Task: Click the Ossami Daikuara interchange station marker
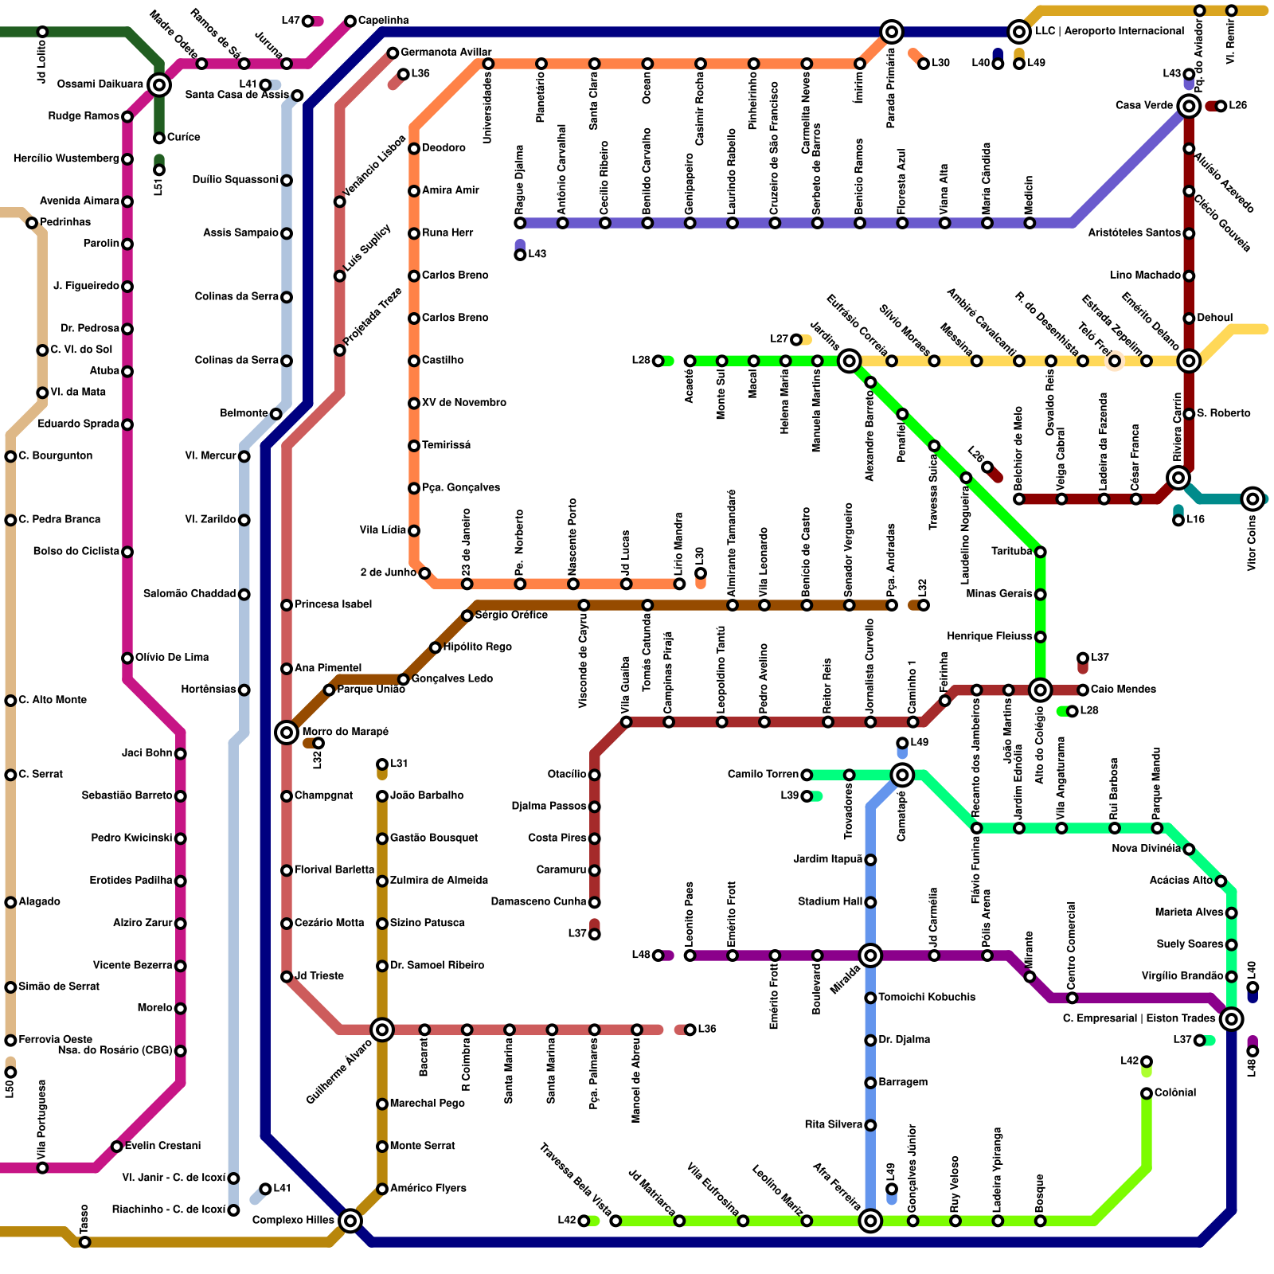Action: pyautogui.click(x=159, y=84)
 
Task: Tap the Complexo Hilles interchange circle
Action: pyautogui.click(x=350, y=1220)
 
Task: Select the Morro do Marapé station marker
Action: pyautogui.click(x=287, y=732)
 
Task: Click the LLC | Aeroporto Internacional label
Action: pyautogui.click(x=1109, y=31)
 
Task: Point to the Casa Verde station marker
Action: pyautogui.click(x=1189, y=106)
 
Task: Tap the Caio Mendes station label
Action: pyautogui.click(x=1123, y=690)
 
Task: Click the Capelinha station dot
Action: pyautogui.click(x=350, y=21)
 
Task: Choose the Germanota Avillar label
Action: pyautogui.click(x=446, y=53)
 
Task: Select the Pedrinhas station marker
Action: pyautogui.click(x=32, y=223)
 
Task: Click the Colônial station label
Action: pyautogui.click(x=1175, y=1092)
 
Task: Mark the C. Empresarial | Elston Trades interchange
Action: pyautogui.click(x=1232, y=1018)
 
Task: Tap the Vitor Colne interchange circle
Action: pyautogui.click(x=1253, y=499)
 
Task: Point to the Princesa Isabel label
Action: pyautogui.click(x=334, y=604)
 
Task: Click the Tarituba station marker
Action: pyautogui.click(x=1040, y=552)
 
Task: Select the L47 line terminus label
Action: pyautogui.click(x=290, y=21)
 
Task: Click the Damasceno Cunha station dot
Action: pyautogui.click(x=594, y=902)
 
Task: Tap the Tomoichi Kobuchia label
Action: pyautogui.click(x=927, y=997)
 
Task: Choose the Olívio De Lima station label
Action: pyautogui.click(x=172, y=658)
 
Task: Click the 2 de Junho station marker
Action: pyautogui.click(x=424, y=573)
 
